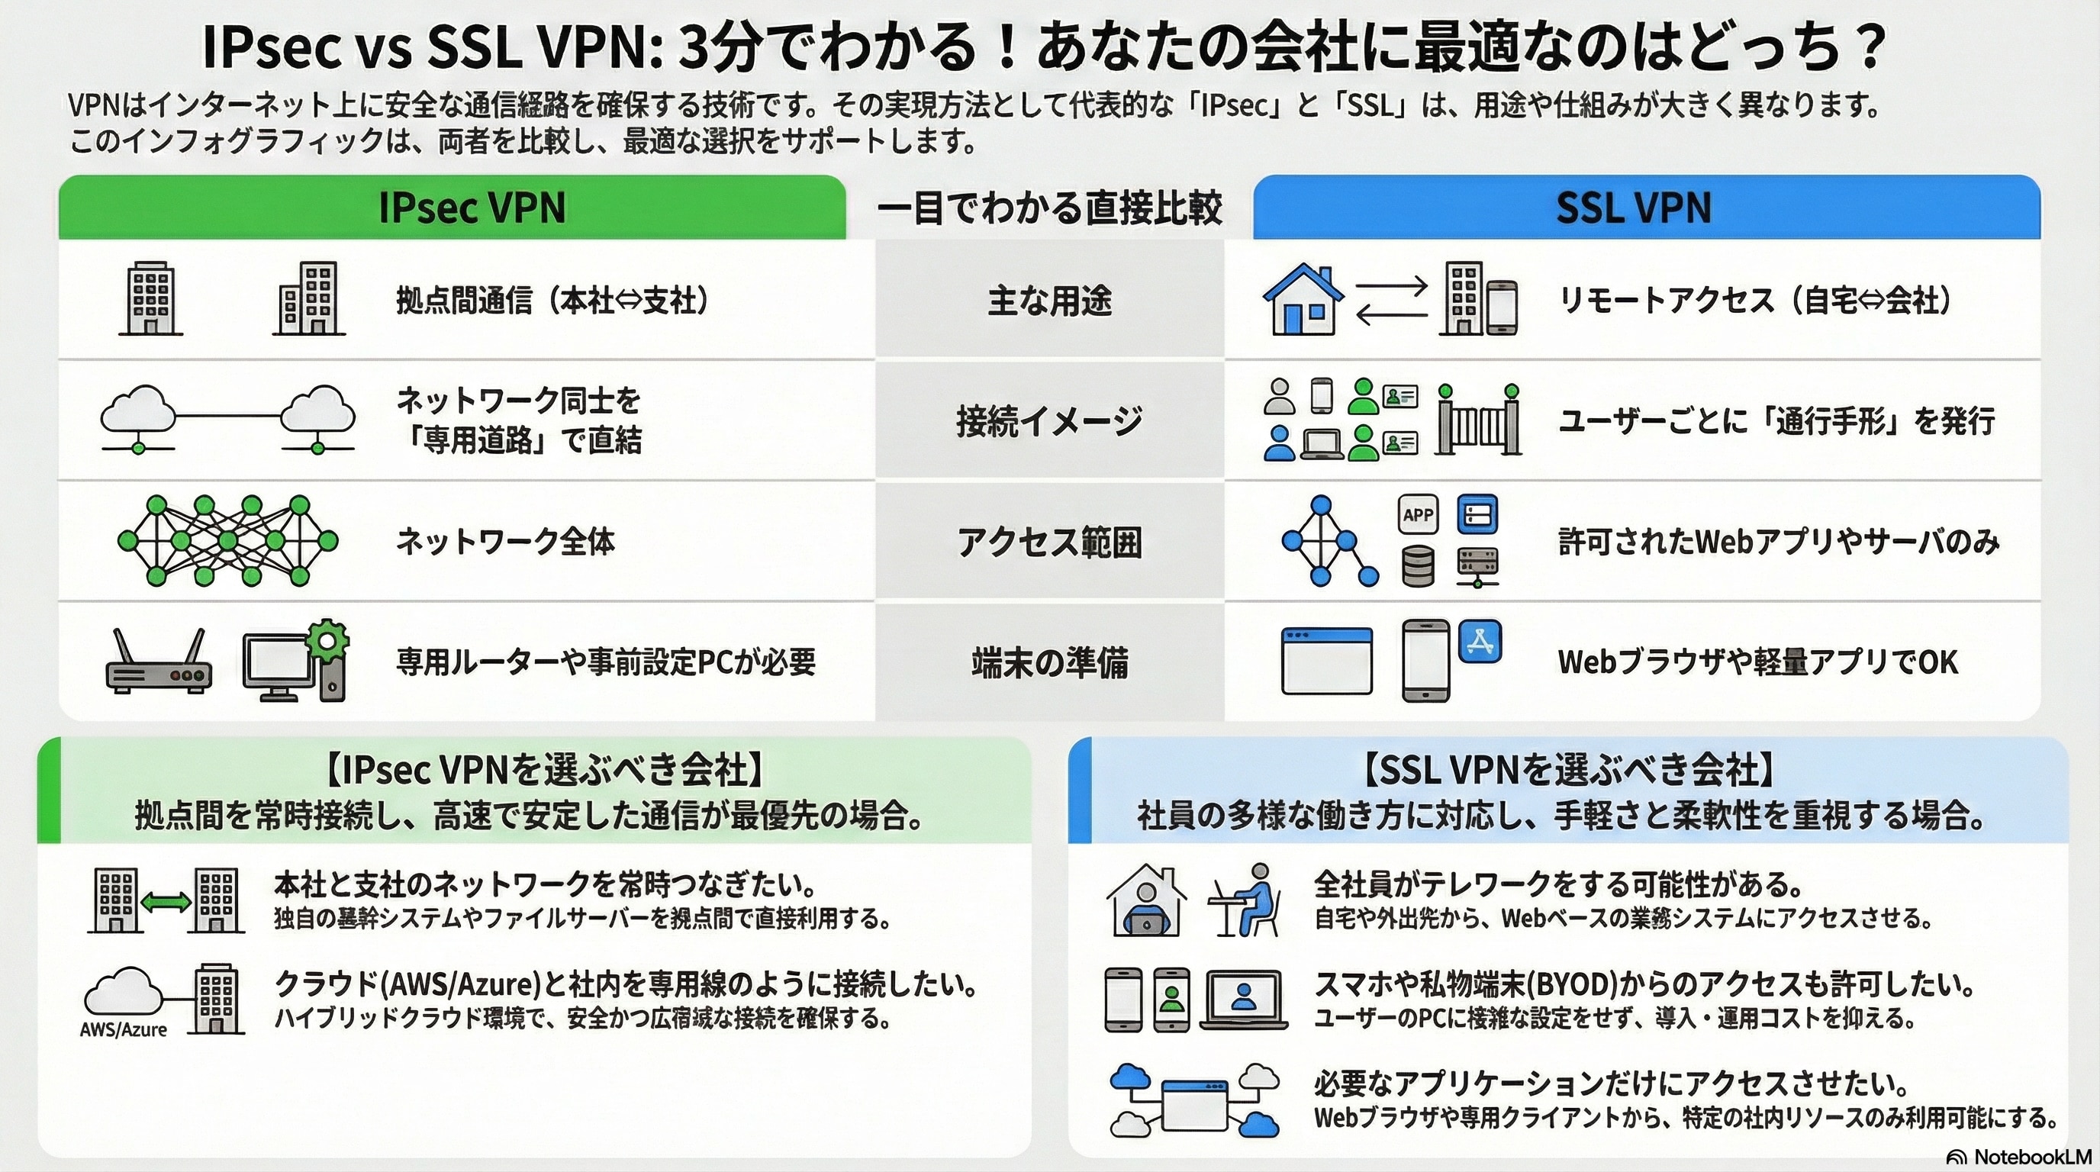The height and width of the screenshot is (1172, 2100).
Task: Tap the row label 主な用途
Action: (x=1049, y=300)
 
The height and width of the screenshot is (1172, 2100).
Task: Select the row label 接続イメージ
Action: (x=1049, y=420)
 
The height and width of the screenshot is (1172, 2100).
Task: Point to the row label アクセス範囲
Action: (x=1049, y=542)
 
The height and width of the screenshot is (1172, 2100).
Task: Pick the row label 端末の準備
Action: (x=1049, y=662)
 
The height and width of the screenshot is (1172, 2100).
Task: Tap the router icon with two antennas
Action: (x=158, y=662)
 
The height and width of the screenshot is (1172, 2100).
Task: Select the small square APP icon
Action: (x=1418, y=515)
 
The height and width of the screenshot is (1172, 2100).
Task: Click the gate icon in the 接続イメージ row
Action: (x=1478, y=420)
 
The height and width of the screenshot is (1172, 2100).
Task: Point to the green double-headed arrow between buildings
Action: (x=166, y=901)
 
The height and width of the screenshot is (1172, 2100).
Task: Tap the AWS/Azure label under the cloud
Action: (x=123, y=1029)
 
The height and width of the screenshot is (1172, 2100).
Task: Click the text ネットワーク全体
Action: (x=505, y=542)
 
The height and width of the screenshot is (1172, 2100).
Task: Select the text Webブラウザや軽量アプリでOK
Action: (x=1757, y=662)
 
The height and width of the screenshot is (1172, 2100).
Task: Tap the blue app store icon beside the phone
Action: (x=1480, y=642)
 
